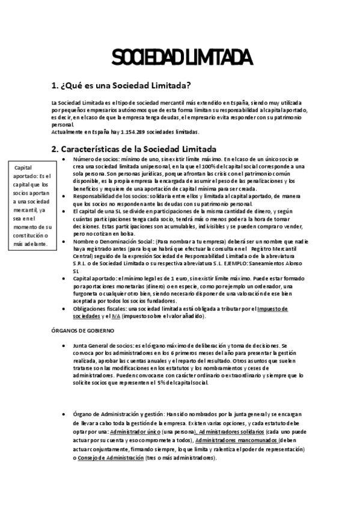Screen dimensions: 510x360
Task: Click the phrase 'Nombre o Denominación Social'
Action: pyautogui.click(x=114, y=241)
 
